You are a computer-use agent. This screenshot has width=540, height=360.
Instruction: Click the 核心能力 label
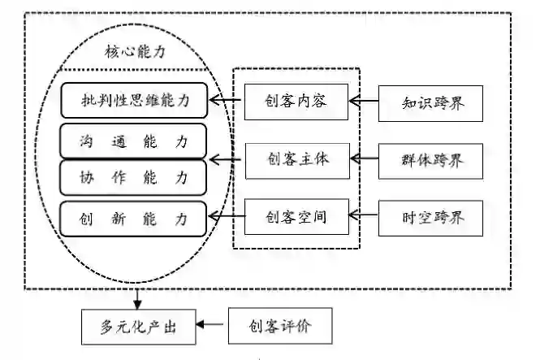pyautogui.click(x=135, y=50)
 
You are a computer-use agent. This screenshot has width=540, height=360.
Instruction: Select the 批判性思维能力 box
pyautogui.click(x=134, y=102)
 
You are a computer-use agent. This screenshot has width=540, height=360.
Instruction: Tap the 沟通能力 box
pyautogui.click(x=134, y=141)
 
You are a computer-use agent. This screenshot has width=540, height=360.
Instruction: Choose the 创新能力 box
pyautogui.click(x=134, y=218)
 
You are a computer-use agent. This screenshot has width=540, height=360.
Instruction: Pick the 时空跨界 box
pyautogui.click(x=434, y=217)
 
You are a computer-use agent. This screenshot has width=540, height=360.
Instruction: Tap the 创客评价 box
pyautogui.click(x=280, y=327)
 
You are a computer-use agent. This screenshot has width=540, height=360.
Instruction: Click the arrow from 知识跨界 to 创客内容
pyautogui.click(x=365, y=102)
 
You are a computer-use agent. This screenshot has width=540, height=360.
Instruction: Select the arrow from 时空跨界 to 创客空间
pyautogui.click(x=365, y=217)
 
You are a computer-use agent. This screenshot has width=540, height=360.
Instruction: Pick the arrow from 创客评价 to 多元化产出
pyautogui.click(x=214, y=327)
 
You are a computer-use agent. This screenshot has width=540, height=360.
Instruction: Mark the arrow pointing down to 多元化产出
pyautogui.click(x=138, y=298)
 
